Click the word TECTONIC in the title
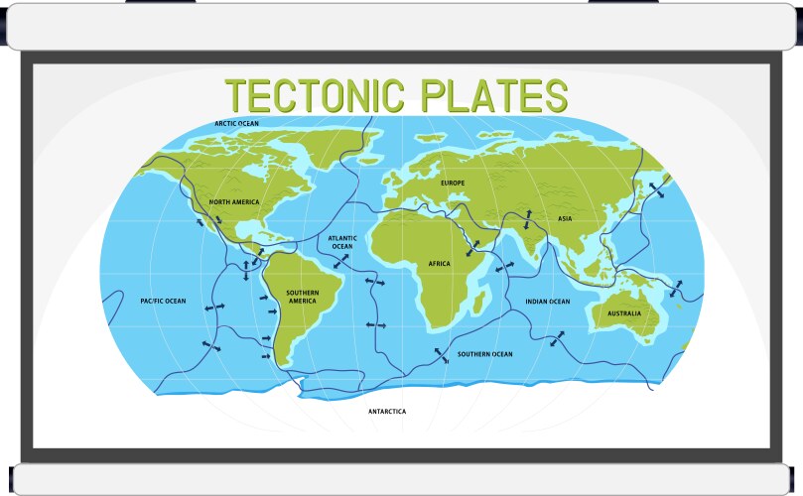click(x=315, y=95)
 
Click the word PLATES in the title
click(x=493, y=95)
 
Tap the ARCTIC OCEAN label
click(x=237, y=124)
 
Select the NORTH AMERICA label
click(x=234, y=202)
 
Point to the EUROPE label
click(x=453, y=184)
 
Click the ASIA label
click(x=565, y=219)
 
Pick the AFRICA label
click(x=439, y=264)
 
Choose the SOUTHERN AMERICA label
click(x=302, y=297)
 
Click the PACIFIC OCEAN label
click(x=163, y=301)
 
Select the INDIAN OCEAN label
click(x=548, y=302)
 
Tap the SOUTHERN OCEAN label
click(x=484, y=354)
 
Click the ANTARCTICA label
click(x=387, y=411)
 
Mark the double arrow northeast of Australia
click(x=678, y=289)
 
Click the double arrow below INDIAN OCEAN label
click(x=558, y=339)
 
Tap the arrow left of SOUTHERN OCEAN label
click(x=441, y=355)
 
